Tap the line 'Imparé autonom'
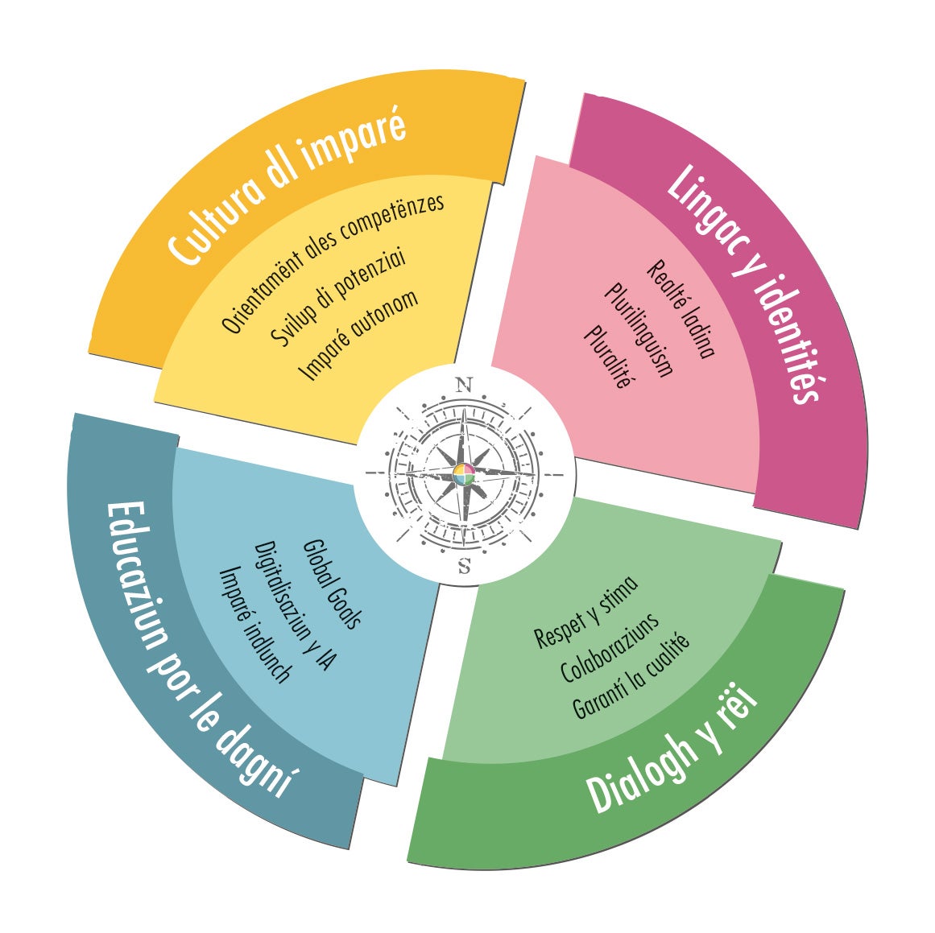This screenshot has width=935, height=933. [x=358, y=334]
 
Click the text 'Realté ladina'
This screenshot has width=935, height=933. [x=681, y=308]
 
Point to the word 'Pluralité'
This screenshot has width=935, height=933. [x=608, y=356]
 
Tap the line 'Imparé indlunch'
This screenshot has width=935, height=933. [x=254, y=624]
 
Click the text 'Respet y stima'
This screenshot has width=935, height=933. [x=585, y=612]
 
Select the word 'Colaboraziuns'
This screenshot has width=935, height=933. [x=610, y=647]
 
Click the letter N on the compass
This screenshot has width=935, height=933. [x=464, y=385]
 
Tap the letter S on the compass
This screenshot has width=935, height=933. [x=465, y=567]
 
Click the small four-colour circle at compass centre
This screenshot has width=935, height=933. [x=464, y=475]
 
